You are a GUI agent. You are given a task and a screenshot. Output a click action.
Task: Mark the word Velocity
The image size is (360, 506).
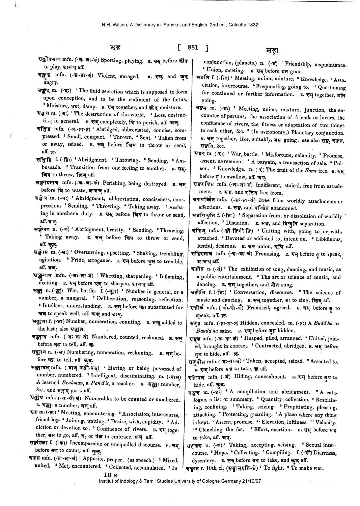click(x=329, y=422)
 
